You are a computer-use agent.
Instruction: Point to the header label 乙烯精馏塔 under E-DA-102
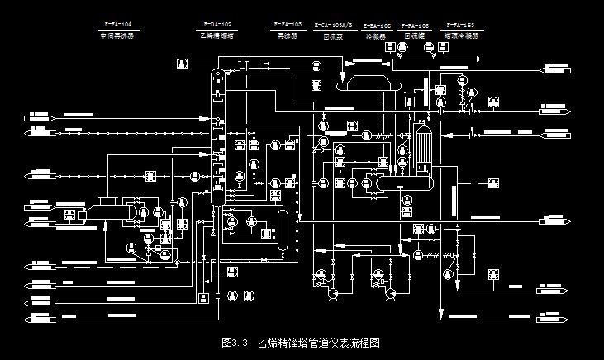pyautogui.click(x=216, y=36)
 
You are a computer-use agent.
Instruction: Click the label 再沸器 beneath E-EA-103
pyautogui.click(x=287, y=36)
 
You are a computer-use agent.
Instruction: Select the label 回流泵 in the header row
pyautogui.click(x=333, y=36)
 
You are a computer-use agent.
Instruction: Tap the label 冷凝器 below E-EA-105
pyautogui.click(x=377, y=36)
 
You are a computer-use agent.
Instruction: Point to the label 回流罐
pyautogui.click(x=416, y=36)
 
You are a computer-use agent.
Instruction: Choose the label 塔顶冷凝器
pyautogui.click(x=460, y=36)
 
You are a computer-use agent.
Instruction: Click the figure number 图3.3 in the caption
pyautogui.click(x=235, y=341)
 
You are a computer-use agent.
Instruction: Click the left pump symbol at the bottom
pyautogui.click(x=334, y=292)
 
